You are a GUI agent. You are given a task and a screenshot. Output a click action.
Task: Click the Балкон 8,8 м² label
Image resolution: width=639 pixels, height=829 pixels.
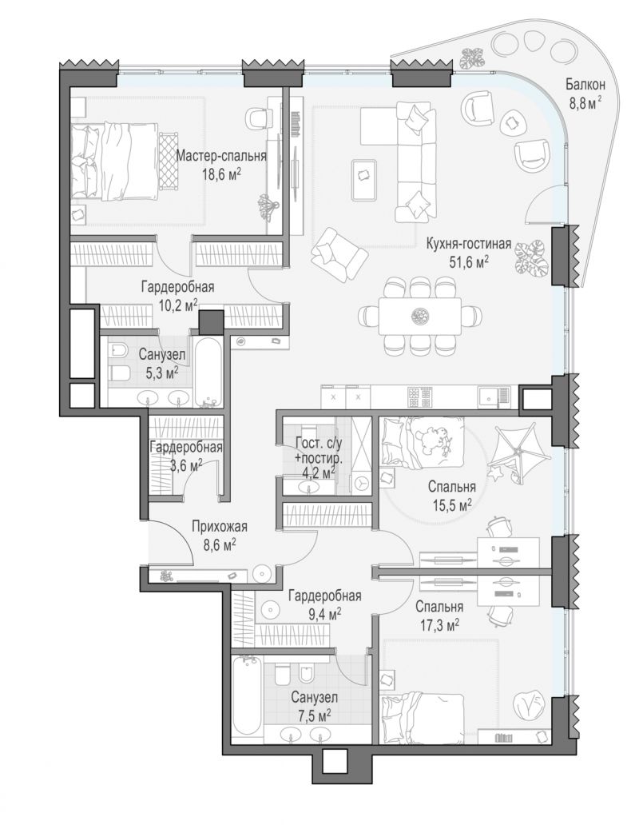click(585, 93)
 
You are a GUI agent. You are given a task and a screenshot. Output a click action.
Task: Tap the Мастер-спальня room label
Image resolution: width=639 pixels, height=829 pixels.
click(220, 156)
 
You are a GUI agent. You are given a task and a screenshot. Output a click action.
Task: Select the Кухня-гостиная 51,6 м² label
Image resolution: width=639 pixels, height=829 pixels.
click(469, 252)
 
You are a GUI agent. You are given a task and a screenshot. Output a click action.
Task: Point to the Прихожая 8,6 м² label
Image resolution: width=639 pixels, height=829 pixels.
click(219, 535)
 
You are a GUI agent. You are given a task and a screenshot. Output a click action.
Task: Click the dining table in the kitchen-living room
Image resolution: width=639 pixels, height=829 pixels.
click(420, 316)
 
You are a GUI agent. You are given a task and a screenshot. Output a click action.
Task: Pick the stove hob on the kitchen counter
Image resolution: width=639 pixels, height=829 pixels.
click(421, 398)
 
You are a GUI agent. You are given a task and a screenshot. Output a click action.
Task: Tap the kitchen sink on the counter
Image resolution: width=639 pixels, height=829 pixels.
click(494, 396)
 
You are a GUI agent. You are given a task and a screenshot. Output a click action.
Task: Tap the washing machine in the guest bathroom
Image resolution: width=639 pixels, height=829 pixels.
click(361, 483)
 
